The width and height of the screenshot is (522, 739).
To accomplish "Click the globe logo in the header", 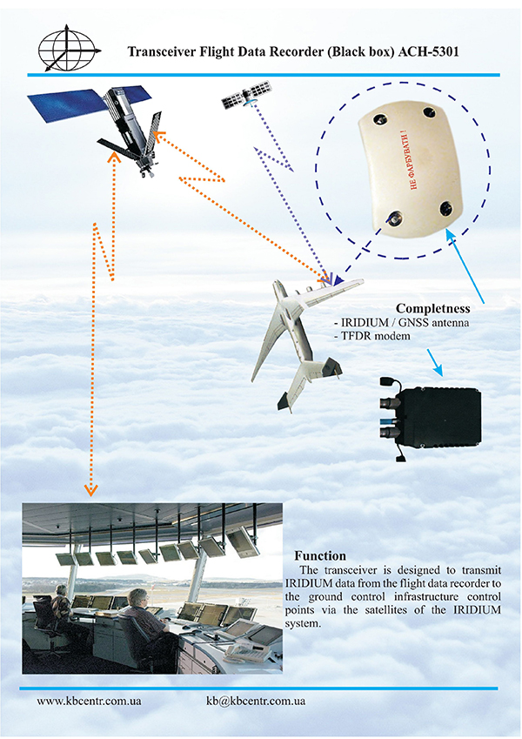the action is pyautogui.click(x=69, y=48).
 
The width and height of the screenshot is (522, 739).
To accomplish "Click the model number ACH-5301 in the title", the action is pyautogui.click(x=429, y=52).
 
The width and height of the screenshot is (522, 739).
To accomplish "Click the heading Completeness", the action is pyautogui.click(x=433, y=308).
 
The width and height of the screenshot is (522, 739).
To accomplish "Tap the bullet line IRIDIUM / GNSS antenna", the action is pyautogui.click(x=401, y=323).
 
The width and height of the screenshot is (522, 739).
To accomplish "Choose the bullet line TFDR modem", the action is pyautogui.click(x=371, y=336).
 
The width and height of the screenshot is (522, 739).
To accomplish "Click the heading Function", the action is pyautogui.click(x=320, y=555).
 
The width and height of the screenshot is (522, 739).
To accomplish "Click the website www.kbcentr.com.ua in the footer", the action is pyautogui.click(x=89, y=701).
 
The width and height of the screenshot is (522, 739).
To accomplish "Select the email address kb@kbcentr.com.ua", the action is pyautogui.click(x=256, y=701).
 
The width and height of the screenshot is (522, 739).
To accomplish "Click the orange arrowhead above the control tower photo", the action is pyautogui.click(x=90, y=489).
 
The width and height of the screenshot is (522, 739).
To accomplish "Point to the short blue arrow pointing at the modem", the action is pyautogui.click(x=435, y=362).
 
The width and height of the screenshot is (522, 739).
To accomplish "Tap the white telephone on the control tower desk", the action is pyautogui.click(x=240, y=651).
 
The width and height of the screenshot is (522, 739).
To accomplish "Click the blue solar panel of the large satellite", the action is pyautogui.click(x=64, y=106).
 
